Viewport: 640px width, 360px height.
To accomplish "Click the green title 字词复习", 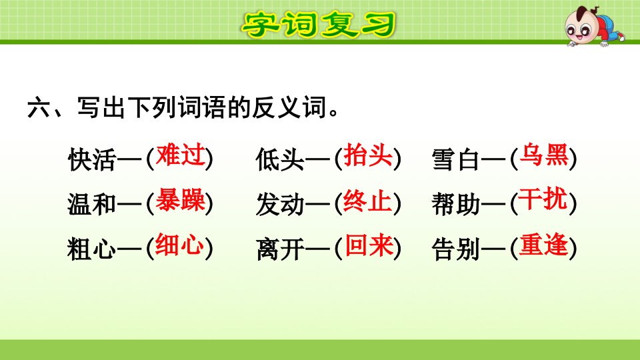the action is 319,25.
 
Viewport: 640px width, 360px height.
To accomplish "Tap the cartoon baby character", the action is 594,26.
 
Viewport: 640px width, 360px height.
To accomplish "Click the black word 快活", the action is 92,159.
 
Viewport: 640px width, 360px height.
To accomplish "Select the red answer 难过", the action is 180,155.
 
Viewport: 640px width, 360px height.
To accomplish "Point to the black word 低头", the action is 280,159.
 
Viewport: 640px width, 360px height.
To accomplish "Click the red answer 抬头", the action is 368,155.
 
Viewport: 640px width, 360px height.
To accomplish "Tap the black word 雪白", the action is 456,159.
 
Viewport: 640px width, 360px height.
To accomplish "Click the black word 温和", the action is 92,204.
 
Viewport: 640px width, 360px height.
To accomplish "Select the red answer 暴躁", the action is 180,200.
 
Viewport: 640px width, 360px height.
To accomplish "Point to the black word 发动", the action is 280,204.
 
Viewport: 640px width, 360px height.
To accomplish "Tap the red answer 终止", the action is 368,200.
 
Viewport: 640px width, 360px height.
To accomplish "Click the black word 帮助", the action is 456,204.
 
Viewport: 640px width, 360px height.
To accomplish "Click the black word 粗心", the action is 92,249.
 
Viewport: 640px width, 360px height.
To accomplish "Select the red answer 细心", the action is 180,245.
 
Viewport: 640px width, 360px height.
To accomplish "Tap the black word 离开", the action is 280,249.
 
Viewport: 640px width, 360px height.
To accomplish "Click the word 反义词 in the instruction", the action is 289,108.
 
